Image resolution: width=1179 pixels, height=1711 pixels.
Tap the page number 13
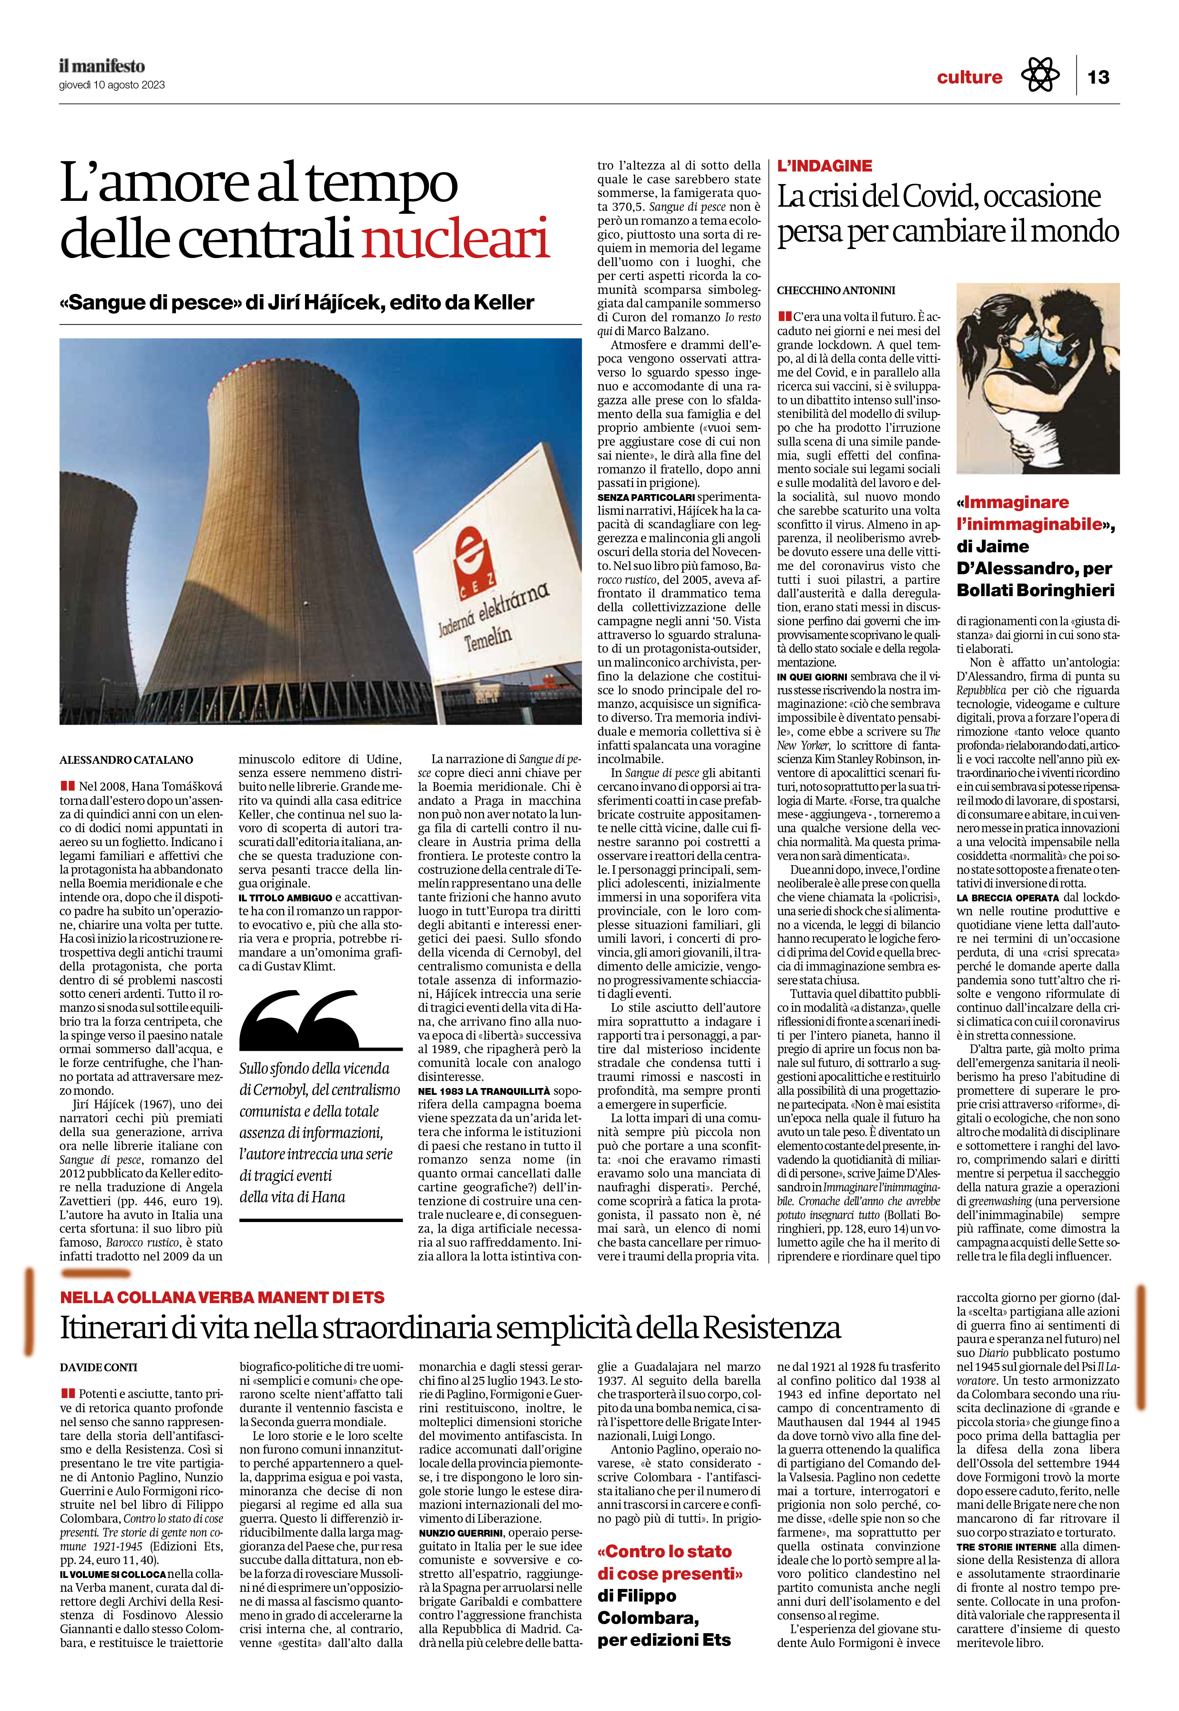tap(1099, 77)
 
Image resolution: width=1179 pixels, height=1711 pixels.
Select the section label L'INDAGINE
tap(824, 166)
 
